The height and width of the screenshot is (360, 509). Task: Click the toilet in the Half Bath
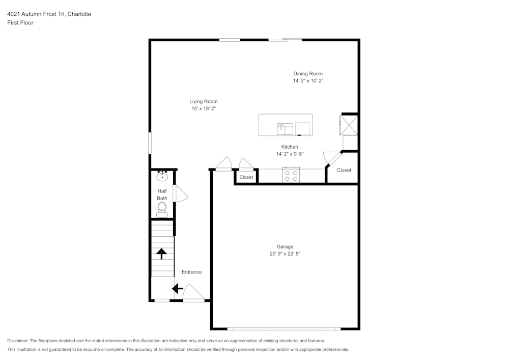(162, 208)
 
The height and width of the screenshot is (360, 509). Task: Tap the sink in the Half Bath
(162, 177)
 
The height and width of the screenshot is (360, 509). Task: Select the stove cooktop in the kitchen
(291, 176)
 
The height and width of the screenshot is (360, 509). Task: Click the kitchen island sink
(285, 129)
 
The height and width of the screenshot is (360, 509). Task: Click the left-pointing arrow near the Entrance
(178, 289)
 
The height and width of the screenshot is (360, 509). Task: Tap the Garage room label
(285, 246)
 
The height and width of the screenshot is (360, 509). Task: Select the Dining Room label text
(307, 74)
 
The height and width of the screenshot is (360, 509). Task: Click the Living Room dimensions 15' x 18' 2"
(203, 108)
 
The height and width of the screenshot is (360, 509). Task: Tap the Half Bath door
(180, 193)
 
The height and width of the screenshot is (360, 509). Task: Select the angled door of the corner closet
(333, 159)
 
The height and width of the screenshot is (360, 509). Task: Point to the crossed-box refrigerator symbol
(349, 125)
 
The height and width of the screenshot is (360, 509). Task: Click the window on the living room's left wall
(150, 143)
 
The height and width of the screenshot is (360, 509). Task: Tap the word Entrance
(191, 272)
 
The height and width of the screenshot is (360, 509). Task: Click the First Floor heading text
(20, 23)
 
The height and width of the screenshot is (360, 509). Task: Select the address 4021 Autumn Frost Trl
(36, 14)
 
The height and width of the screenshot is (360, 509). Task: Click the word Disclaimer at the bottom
(18, 341)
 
